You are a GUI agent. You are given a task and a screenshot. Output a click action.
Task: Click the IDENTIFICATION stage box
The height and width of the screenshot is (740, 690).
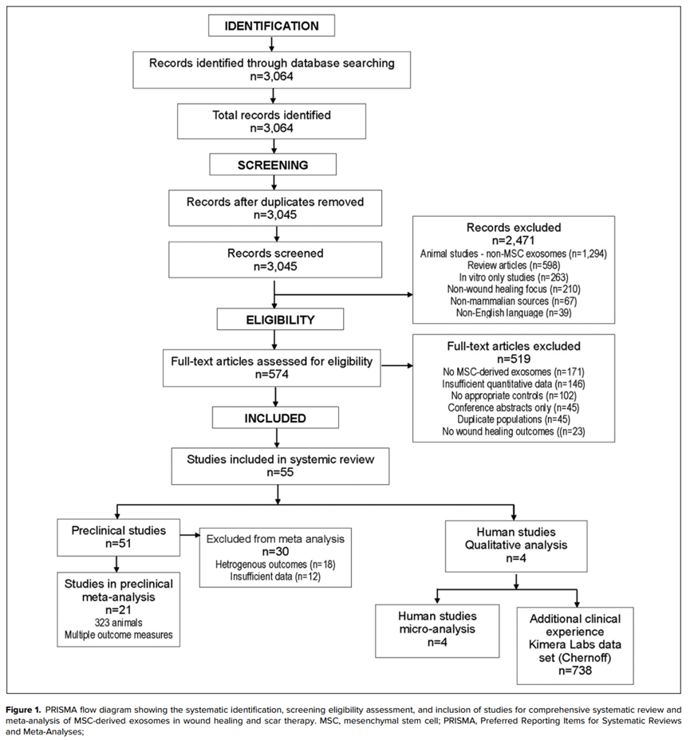click(271, 26)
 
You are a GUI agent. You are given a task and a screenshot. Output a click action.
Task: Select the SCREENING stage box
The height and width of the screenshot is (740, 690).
click(273, 165)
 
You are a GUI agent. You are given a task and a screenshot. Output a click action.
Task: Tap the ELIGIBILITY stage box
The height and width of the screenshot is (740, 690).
click(280, 320)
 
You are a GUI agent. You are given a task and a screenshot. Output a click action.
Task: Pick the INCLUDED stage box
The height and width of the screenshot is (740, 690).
click(275, 418)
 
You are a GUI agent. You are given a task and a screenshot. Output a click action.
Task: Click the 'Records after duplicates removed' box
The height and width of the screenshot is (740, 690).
click(275, 208)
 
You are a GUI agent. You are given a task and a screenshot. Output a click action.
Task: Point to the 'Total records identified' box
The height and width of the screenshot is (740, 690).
click(271, 121)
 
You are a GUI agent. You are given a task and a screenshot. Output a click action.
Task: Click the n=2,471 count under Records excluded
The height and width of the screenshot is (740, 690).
click(514, 240)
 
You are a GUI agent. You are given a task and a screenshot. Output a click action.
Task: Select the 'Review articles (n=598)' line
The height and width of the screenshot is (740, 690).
click(514, 266)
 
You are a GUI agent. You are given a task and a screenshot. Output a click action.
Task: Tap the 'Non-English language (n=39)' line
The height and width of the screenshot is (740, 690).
click(514, 313)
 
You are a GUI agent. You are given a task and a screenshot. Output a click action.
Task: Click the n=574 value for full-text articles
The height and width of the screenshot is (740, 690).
click(272, 374)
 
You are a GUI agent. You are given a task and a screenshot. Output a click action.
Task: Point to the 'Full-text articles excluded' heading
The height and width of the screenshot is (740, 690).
click(514, 346)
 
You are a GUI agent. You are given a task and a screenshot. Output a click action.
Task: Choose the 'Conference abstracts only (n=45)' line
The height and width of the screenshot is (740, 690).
click(514, 407)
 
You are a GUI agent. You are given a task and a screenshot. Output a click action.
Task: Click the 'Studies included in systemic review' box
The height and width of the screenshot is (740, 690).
click(280, 466)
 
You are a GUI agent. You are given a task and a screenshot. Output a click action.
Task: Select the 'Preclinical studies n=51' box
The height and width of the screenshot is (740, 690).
click(119, 537)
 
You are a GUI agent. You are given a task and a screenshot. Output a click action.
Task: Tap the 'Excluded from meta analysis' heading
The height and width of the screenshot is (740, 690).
click(275, 539)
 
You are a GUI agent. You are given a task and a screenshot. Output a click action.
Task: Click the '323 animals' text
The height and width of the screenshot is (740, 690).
click(119, 623)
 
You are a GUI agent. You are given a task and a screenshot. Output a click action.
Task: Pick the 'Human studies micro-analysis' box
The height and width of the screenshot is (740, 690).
click(437, 631)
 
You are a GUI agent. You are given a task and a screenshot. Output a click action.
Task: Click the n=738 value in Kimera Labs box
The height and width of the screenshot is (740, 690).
click(575, 671)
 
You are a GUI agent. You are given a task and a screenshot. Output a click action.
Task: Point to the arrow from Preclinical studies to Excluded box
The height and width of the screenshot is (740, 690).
click(190, 535)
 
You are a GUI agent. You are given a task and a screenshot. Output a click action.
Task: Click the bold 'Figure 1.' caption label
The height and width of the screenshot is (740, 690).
click(24, 710)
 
